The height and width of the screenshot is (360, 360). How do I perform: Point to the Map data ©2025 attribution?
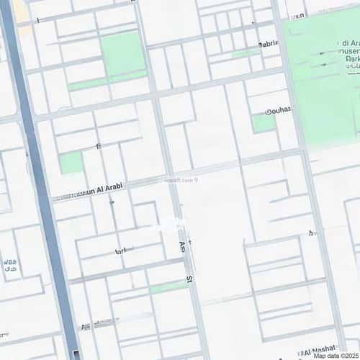(336, 355)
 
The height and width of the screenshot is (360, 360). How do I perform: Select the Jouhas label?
(278, 109)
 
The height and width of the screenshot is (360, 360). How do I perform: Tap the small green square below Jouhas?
(264, 123)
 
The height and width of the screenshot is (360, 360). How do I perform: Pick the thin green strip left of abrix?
(245, 53)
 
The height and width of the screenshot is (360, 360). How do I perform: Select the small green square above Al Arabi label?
(71, 163)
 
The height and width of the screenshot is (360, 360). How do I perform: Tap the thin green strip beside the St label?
(168, 287)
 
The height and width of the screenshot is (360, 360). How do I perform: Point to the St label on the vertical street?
(189, 277)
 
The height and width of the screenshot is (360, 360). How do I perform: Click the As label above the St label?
(182, 247)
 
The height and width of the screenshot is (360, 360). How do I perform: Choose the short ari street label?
(120, 251)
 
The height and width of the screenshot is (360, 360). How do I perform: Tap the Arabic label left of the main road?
(9, 266)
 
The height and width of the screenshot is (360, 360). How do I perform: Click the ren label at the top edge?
(298, 15)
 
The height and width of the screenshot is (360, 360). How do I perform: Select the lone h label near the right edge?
(311, 233)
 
